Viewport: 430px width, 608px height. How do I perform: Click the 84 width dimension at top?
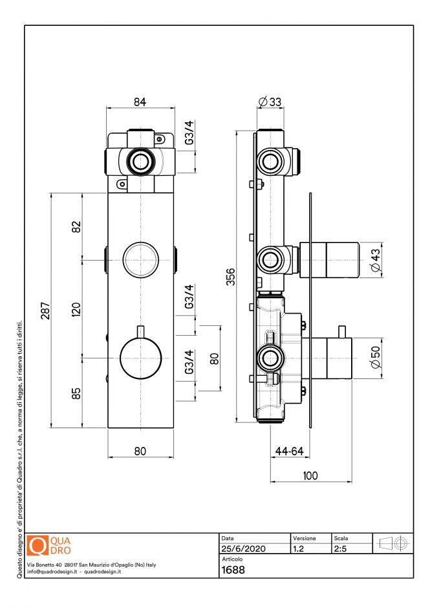point(140,102)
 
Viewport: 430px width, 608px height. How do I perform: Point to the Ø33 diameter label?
point(270,102)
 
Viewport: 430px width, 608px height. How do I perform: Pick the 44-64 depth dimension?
point(289,451)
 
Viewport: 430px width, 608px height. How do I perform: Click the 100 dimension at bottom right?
point(310,475)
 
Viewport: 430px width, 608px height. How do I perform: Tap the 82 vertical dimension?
point(76,228)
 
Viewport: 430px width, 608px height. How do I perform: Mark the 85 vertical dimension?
point(76,393)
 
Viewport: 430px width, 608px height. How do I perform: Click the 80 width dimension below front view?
point(140,451)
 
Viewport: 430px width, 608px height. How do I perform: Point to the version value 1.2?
point(299,548)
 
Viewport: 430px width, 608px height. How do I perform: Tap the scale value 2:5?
point(341,548)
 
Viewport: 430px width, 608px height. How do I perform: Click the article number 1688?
point(233,570)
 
